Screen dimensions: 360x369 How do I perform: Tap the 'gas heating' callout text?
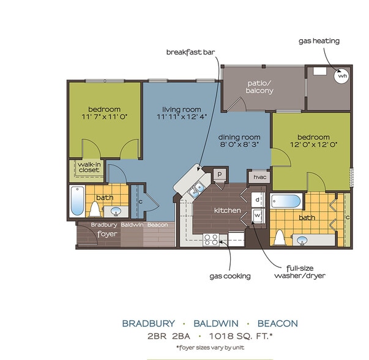pyautogui.click(x=319, y=41)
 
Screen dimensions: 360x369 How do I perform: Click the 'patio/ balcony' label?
pyautogui.click(x=259, y=86)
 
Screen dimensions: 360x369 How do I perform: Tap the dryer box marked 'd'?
pyautogui.click(x=257, y=200)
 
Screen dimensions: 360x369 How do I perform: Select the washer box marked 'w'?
pyautogui.click(x=257, y=215)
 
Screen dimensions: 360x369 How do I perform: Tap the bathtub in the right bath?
pyautogui.click(x=286, y=201)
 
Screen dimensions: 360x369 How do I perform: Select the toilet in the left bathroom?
pyautogui.click(x=95, y=209)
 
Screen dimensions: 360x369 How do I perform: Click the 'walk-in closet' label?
pyautogui.click(x=88, y=167)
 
